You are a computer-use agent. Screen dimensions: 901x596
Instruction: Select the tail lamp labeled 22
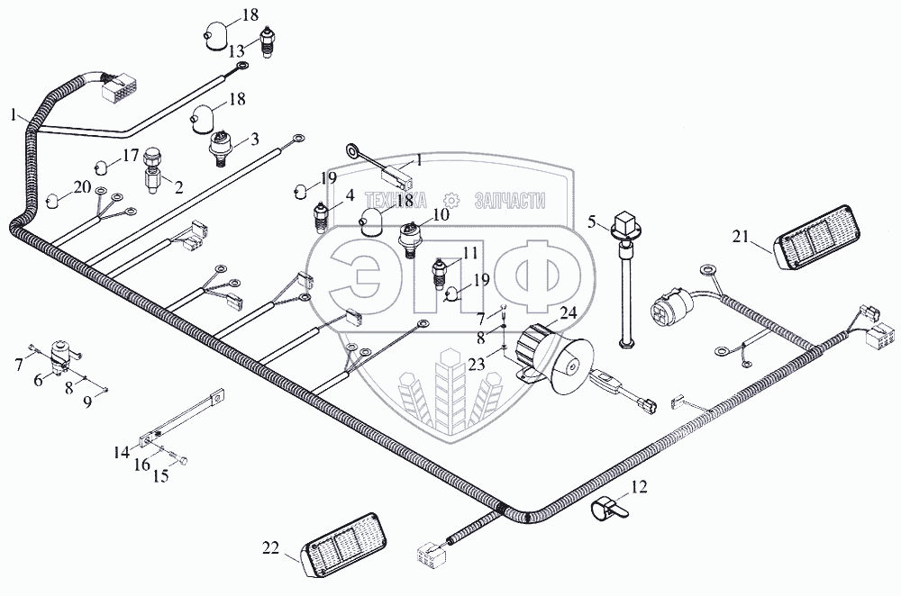[x=343, y=545]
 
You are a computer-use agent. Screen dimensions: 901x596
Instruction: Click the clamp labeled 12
[x=610, y=508]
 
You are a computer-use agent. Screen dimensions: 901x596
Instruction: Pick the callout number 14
[x=122, y=453]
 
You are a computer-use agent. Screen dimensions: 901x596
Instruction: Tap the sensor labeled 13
[x=267, y=41]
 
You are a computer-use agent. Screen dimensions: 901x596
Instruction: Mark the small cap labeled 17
[x=101, y=168]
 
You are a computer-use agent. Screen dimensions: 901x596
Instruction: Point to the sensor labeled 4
[x=321, y=217]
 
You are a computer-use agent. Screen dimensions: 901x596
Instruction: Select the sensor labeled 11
[x=439, y=274]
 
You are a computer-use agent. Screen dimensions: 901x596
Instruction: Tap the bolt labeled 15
[x=179, y=459]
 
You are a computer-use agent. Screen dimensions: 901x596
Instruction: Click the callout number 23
[x=476, y=364]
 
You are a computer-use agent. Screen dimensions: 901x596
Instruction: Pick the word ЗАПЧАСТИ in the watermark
[x=510, y=201]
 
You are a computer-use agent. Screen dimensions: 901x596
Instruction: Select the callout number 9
[x=87, y=402]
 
